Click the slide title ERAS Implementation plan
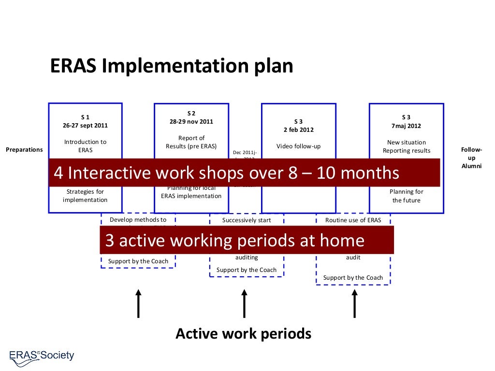coord(172,66)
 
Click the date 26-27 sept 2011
coord(85,126)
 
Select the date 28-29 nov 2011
coord(191,122)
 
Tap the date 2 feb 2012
coord(298,130)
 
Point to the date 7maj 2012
coord(406,126)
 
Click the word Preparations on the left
coord(24,150)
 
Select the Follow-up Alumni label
coord(471,158)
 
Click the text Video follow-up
coord(298,146)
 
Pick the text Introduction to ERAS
coord(85,146)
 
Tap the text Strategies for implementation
coord(85,196)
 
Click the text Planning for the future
coord(406,196)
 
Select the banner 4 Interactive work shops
coord(244,172)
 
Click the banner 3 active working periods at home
coord(247,240)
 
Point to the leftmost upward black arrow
coord(138,303)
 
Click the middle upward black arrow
coord(244,303)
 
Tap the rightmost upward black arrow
coord(354,303)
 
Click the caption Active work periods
coord(243,333)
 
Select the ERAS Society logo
coord(42,357)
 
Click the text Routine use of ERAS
coord(353,220)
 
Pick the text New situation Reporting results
coord(406,146)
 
